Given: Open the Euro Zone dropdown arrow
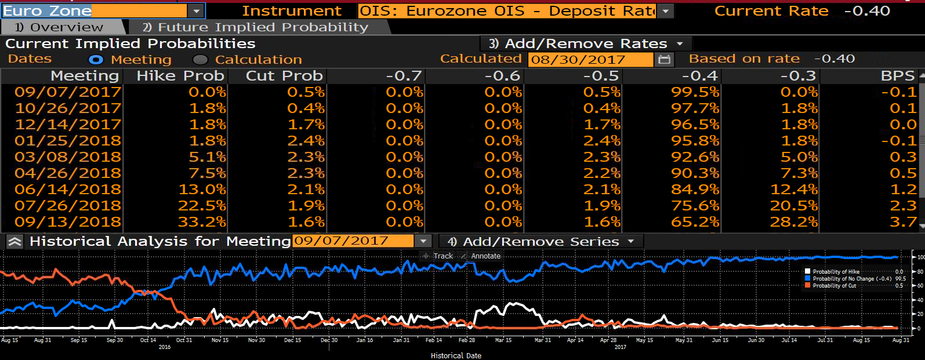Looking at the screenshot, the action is (197, 11).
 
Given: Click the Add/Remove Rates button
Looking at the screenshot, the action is (586, 43).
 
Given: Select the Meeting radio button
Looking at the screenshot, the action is (96, 60).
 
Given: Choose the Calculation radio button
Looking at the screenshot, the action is (200, 60).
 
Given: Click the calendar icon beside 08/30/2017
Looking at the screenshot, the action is (664, 60).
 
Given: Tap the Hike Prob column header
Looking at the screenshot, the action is (180, 75).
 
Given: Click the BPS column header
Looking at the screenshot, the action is (898, 75).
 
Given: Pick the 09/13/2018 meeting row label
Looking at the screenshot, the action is (68, 222).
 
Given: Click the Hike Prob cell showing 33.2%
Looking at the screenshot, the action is (202, 222).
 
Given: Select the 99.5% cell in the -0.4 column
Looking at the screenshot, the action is (695, 92).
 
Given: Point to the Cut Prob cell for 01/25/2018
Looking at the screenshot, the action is (306, 141).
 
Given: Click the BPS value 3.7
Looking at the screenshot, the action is (903, 222).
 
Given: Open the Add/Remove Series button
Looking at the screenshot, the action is (541, 242).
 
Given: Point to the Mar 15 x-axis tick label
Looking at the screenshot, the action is (503, 340).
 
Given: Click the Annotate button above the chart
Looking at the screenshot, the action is (481, 256).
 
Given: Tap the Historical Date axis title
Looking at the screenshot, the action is (456, 355).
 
